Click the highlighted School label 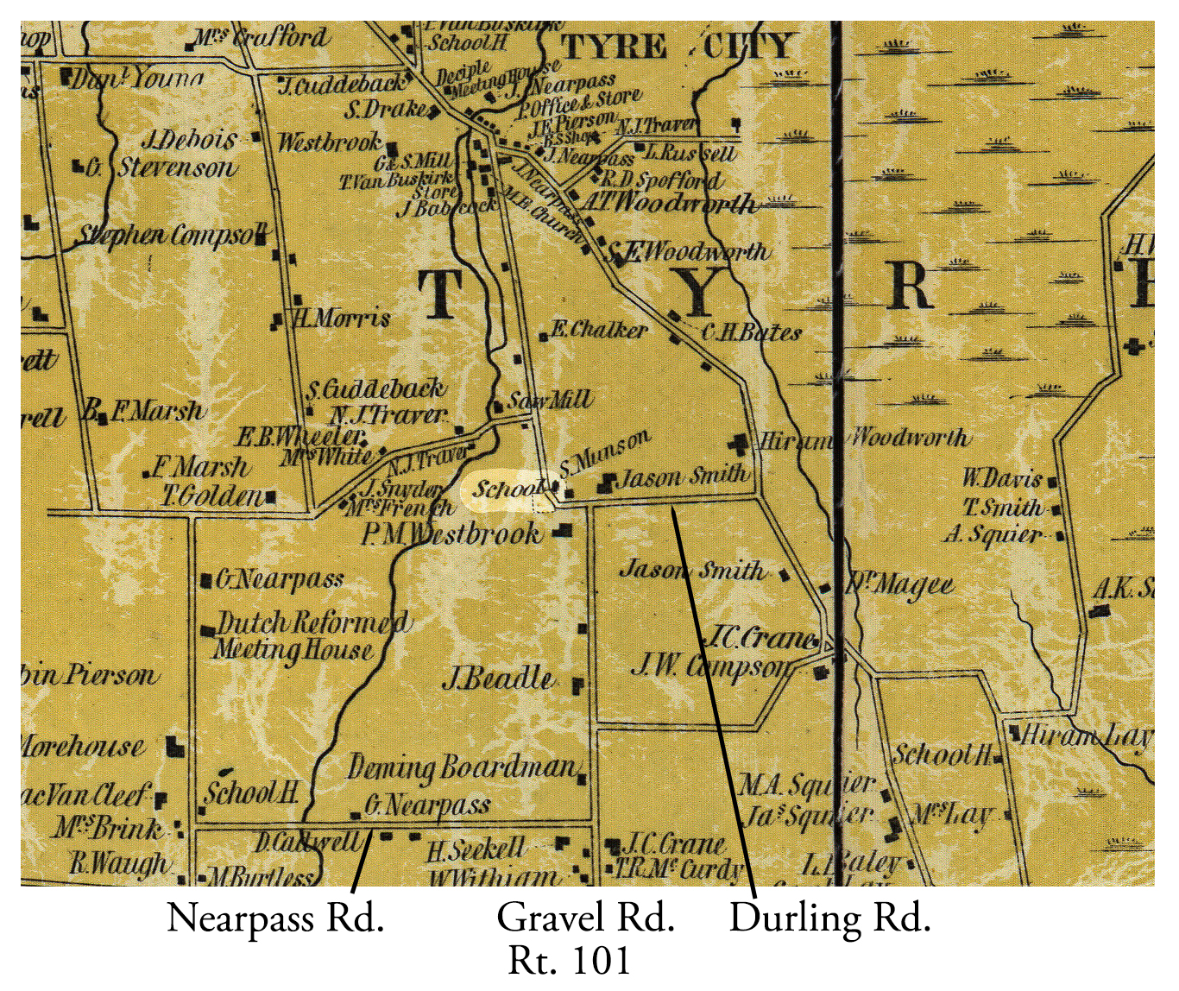(508, 489)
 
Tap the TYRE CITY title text (676, 46)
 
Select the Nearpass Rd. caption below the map (274, 918)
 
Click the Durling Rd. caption (829, 918)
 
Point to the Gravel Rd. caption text (585, 918)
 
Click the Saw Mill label (550, 401)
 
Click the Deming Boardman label (462, 767)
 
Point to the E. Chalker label (598, 330)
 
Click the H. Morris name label (342, 319)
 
